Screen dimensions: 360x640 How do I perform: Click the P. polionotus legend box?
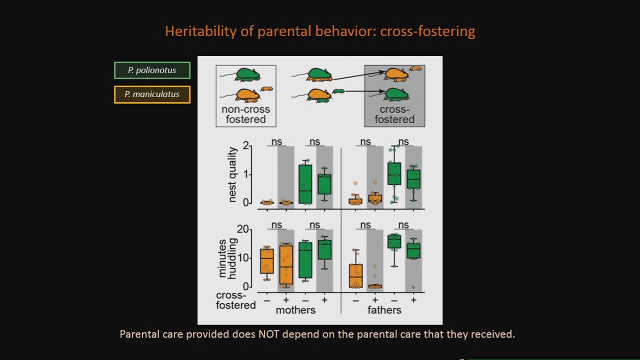coord(152,70)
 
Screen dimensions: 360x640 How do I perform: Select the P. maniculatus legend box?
coord(152,94)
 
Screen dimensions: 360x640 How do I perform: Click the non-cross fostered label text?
coord(245,114)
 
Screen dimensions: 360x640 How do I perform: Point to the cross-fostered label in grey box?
coord(394,114)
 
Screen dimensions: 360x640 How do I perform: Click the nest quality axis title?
coord(232,174)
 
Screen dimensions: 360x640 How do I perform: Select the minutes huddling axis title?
coord(227,258)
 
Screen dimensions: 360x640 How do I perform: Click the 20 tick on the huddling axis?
coord(243,229)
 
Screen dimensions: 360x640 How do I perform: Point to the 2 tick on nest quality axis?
coord(245,145)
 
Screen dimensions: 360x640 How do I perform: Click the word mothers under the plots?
coord(295,310)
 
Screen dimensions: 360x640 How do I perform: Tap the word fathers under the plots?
coord(384,310)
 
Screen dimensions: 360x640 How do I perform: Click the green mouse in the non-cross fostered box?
coord(247,75)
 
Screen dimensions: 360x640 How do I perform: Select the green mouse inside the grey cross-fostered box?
coord(396,93)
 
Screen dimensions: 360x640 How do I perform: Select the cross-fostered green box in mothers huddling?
coord(324,249)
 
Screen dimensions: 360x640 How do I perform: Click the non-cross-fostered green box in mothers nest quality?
coord(305,184)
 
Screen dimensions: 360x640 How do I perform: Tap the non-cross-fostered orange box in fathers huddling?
coord(355,275)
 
